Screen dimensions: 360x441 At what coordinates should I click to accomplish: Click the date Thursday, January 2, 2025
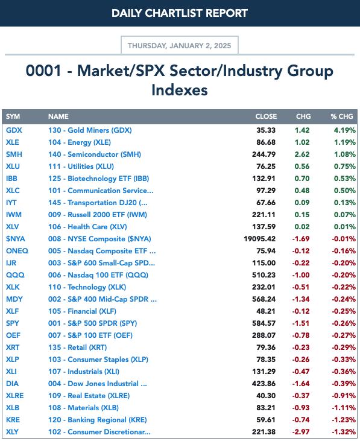pyautogui.click(x=179, y=46)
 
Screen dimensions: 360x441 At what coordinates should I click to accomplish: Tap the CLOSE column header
pyautogui.click(x=266, y=116)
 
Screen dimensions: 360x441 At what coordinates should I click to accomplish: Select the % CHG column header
pyautogui.click(x=342, y=116)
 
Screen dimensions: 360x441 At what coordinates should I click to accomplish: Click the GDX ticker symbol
pyautogui.click(x=14, y=130)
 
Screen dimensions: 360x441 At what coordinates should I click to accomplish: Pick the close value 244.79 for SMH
pyautogui.click(x=264, y=154)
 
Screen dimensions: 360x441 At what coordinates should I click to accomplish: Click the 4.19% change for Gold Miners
pyautogui.click(x=344, y=130)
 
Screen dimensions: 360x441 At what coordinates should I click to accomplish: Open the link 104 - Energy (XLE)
pyautogui.click(x=80, y=142)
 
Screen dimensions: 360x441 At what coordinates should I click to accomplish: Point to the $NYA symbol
pyautogui.click(x=16, y=239)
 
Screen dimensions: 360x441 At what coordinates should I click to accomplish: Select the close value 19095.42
pyautogui.click(x=260, y=239)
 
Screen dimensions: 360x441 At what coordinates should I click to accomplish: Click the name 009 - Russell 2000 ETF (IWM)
pyautogui.click(x=98, y=215)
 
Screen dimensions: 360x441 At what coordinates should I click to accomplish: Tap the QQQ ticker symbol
pyautogui.click(x=15, y=275)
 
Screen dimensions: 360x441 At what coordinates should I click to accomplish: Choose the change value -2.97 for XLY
pyautogui.click(x=301, y=432)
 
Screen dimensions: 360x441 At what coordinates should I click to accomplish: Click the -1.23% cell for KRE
pyautogui.click(x=344, y=420)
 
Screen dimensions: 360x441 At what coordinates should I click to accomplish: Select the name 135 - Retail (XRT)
pyautogui.click(x=78, y=347)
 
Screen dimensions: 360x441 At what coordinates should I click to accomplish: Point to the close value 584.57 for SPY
pyautogui.click(x=264, y=323)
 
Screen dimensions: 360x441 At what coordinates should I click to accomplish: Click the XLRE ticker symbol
pyautogui.click(x=15, y=396)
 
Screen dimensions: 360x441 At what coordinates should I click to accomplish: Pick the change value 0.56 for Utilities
pyautogui.click(x=302, y=167)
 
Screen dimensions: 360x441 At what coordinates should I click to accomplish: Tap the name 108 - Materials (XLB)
pyautogui.click(x=83, y=408)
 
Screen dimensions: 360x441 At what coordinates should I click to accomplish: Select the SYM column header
pyautogui.click(x=13, y=116)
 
